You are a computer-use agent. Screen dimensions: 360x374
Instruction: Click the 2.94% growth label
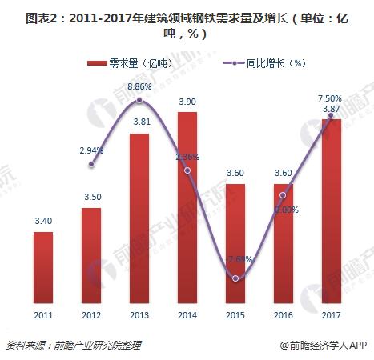coord(91,150)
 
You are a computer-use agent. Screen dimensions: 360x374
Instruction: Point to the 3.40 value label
coord(43,221)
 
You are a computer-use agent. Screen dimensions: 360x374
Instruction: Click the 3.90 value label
coord(187,101)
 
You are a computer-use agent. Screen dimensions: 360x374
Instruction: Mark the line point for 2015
coord(235,278)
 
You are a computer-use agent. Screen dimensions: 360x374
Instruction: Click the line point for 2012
coord(91,164)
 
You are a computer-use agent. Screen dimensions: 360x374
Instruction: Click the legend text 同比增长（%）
coord(267,62)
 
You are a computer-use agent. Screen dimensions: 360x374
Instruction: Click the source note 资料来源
coord(73,345)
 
